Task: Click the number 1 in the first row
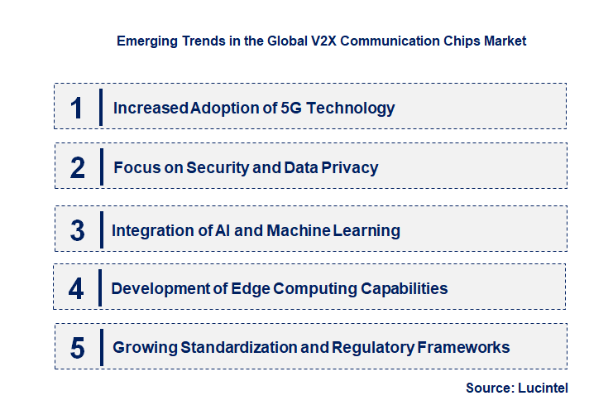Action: [76, 108]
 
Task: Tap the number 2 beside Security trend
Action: [77, 167]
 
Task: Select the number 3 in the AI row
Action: [77, 230]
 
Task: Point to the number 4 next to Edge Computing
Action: [76, 289]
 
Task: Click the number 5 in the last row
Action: [77, 348]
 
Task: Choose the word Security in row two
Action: [217, 167]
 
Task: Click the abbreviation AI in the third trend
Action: [221, 230]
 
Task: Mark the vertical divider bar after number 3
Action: [100, 229]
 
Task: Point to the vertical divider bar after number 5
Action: [100, 346]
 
